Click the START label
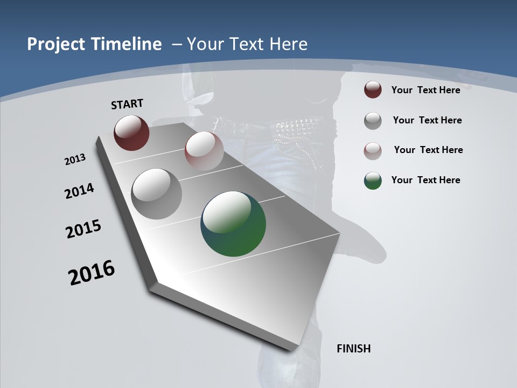pos(127,104)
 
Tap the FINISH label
pos(353,349)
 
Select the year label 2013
pos(75,160)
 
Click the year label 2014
pos(79,191)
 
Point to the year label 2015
pos(83,229)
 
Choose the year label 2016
pos(92,273)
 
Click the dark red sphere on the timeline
pos(131,133)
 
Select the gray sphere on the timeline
pos(156,193)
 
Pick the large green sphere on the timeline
pos(233,224)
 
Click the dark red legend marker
pos(373,90)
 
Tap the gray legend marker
pos(373,121)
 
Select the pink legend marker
pos(373,151)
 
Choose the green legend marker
pos(373,181)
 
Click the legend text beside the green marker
pos(425,180)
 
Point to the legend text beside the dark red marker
pos(425,90)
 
